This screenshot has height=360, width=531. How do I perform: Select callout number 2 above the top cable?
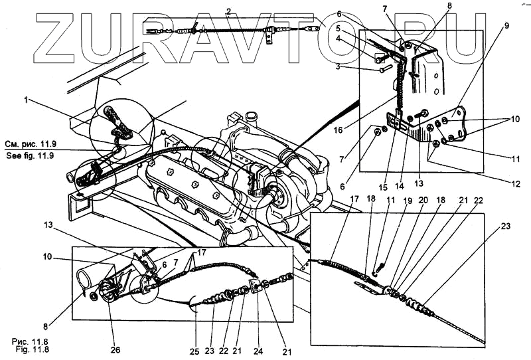point(228,11)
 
